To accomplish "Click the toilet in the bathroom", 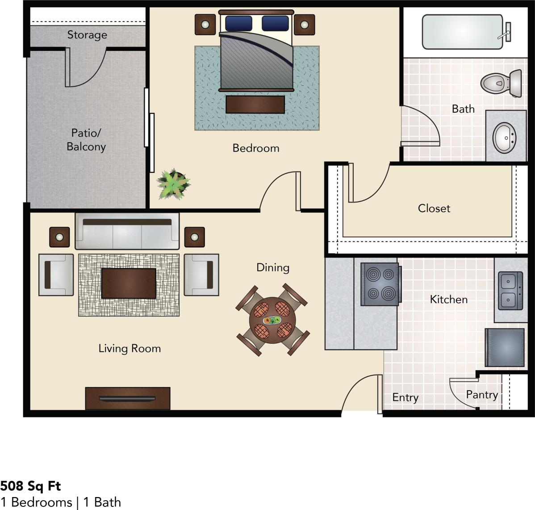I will [x=502, y=83].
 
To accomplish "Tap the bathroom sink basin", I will [x=505, y=137].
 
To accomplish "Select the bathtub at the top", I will [x=462, y=32].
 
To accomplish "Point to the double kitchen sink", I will [x=510, y=291].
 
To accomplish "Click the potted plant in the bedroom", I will [x=173, y=183].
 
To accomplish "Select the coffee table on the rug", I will [x=129, y=283].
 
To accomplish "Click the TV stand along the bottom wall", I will [x=128, y=398].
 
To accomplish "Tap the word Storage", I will [x=87, y=35].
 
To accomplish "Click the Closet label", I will [x=434, y=208].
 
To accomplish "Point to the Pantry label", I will [x=482, y=395].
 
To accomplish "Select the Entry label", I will [x=405, y=397].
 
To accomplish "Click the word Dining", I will [x=273, y=267].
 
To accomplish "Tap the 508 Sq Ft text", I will [x=31, y=486].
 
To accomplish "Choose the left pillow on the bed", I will [x=238, y=23].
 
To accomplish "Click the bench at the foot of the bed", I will [x=255, y=105].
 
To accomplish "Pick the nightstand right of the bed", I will [x=304, y=25].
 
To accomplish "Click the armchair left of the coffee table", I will [x=56, y=275].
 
